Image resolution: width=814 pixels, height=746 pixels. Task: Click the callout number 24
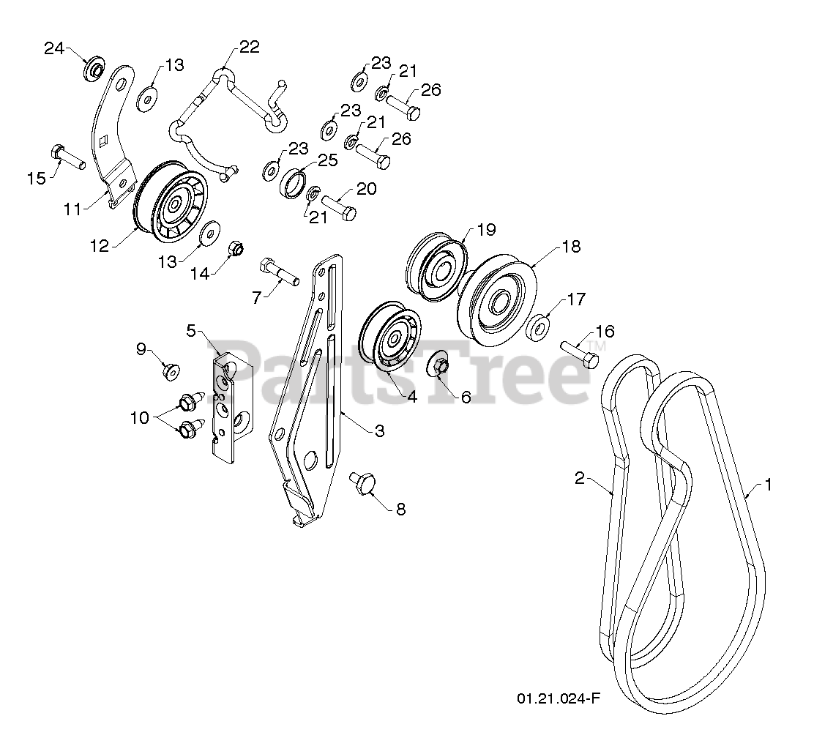tap(54, 48)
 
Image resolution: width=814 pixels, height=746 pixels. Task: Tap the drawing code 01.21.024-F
tap(558, 698)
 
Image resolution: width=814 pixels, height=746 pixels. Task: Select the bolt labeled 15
tap(67, 156)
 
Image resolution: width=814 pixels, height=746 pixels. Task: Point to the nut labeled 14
tap(236, 249)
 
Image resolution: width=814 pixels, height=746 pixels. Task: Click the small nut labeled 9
tap(171, 371)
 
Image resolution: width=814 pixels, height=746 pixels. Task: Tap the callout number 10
tap(139, 417)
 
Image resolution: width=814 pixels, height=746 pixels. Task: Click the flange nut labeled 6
tap(438, 366)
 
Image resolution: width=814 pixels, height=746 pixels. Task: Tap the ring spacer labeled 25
tap(294, 183)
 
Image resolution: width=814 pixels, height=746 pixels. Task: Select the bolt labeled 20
tap(339, 206)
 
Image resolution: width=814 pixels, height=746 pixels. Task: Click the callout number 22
tap(249, 48)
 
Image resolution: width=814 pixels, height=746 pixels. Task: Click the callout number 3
tap(379, 430)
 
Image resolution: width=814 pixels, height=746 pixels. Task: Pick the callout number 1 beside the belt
tap(768, 485)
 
